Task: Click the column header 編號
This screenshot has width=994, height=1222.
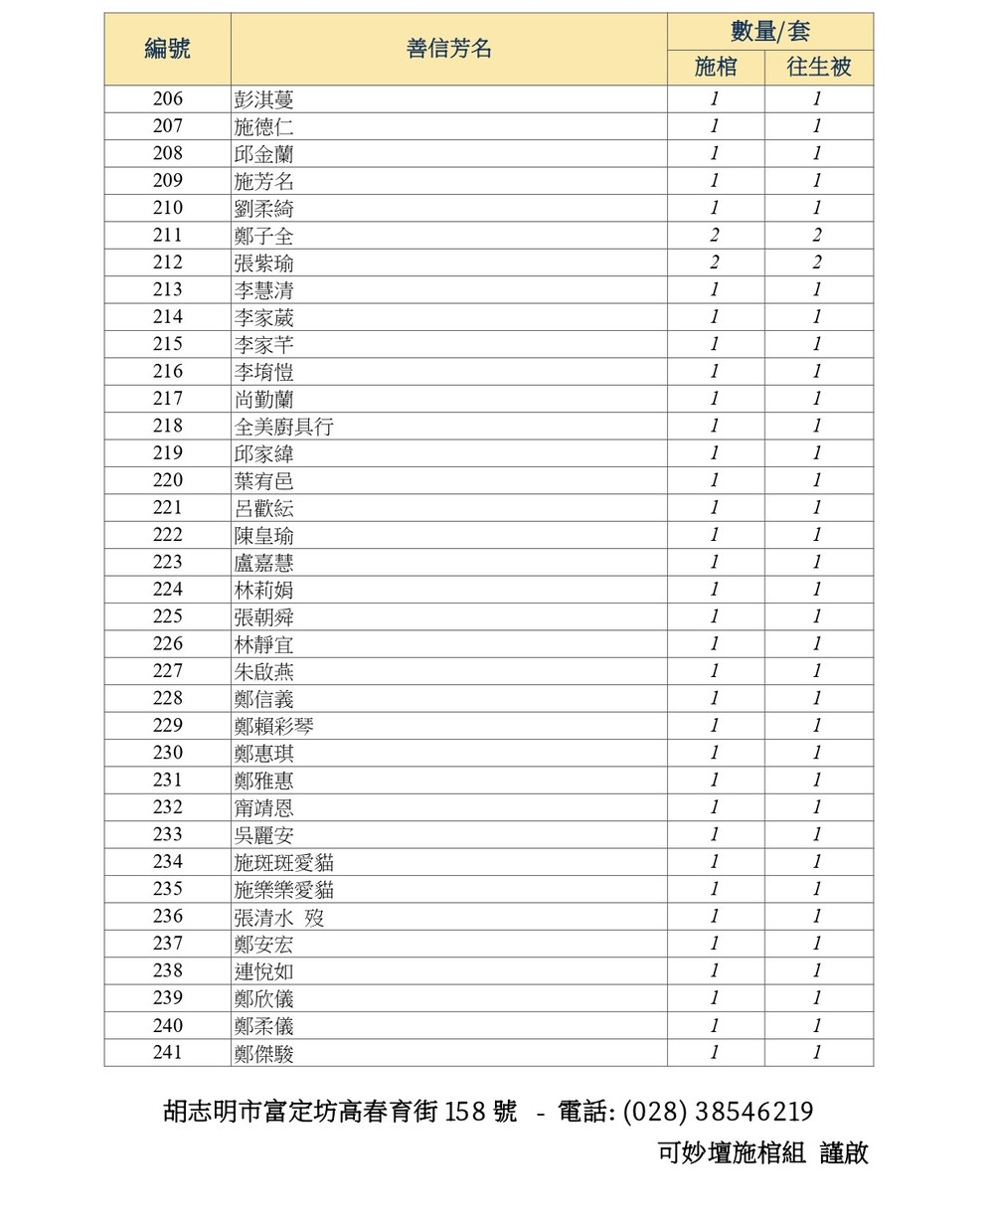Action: [167, 49]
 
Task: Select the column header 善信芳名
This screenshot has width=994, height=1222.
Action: [448, 49]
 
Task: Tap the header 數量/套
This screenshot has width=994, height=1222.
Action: [769, 31]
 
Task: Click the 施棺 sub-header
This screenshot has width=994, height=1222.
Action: [716, 68]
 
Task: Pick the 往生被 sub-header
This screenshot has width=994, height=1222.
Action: [819, 68]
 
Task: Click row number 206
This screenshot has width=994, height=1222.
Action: [167, 98]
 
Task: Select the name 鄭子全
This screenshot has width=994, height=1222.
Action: [263, 236]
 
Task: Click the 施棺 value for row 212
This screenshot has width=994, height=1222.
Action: [715, 262]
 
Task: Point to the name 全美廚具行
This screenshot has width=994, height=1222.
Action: [283, 427]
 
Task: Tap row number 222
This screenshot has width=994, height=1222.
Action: [167, 535]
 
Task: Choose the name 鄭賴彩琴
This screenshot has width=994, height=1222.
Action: [273, 726]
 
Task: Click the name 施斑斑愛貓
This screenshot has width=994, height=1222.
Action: [283, 862]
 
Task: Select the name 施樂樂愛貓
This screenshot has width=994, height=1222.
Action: [283, 889]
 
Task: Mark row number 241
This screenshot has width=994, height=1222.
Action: [167, 1052]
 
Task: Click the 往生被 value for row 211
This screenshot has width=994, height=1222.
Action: [817, 236]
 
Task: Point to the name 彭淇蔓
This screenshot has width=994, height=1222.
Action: [263, 99]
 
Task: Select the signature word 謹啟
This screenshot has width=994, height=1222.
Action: [844, 1152]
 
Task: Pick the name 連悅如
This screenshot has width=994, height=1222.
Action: [263, 971]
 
